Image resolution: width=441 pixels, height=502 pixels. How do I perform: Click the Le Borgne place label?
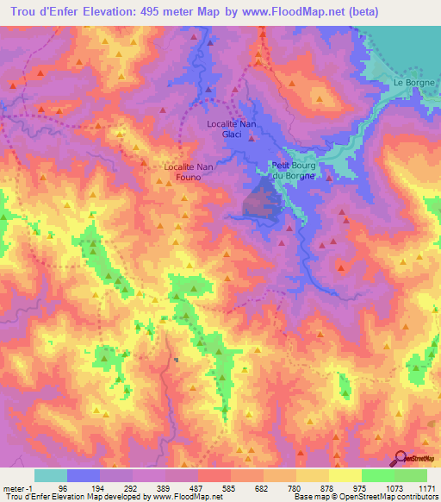pos(412,82)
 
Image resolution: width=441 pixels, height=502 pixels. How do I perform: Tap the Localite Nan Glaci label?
pos(232,129)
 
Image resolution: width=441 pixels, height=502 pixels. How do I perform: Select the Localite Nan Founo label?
pos(183,171)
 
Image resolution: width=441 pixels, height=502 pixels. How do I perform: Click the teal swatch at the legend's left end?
pos(50,475)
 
